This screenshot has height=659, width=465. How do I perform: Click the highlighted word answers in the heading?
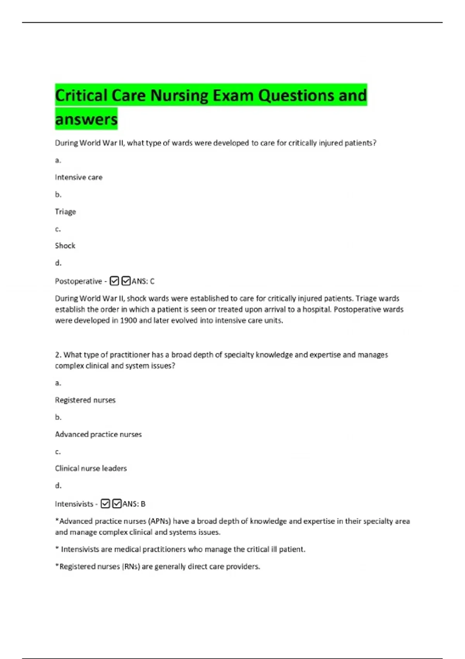click(x=86, y=119)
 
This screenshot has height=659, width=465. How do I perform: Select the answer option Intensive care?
click(x=79, y=178)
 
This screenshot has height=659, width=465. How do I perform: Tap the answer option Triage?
click(x=65, y=212)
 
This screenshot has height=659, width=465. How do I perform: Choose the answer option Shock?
click(x=65, y=246)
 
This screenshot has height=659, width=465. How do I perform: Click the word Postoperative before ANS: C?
click(x=78, y=281)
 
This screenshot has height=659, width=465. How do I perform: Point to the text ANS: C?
click(x=143, y=281)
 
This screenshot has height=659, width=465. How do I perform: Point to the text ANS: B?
click(x=134, y=504)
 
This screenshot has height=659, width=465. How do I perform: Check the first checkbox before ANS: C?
click(x=114, y=281)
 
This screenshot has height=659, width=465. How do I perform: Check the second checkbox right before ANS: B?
click(x=117, y=504)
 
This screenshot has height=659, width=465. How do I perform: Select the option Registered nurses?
click(x=85, y=400)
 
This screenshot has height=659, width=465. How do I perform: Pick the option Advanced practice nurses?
click(x=98, y=434)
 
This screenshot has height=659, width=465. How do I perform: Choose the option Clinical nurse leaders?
click(x=91, y=468)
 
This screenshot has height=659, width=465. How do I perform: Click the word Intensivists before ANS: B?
click(x=74, y=504)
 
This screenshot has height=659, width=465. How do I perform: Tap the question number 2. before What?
click(x=58, y=355)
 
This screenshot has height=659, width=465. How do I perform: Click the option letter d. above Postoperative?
click(x=58, y=263)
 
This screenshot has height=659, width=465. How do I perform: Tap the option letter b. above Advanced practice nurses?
click(x=58, y=417)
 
